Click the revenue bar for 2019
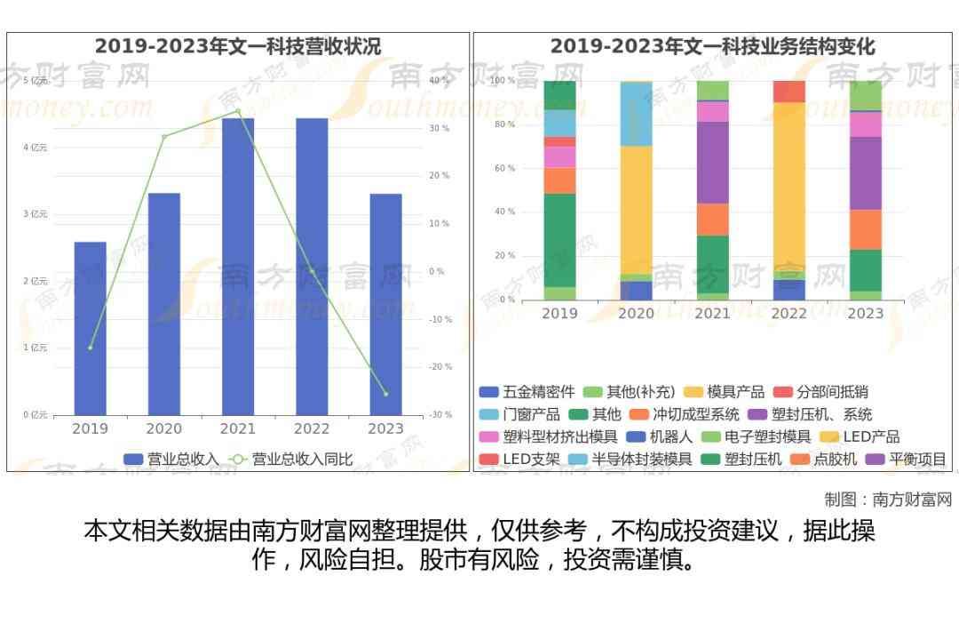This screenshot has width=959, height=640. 90,328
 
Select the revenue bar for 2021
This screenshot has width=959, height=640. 238,266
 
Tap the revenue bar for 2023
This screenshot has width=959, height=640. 385,304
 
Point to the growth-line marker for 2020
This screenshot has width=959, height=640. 164,136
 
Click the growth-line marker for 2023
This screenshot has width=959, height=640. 385,394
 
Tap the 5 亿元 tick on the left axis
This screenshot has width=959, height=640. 36,81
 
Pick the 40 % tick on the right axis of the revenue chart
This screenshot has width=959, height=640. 439,81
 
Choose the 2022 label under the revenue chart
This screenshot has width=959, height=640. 312,429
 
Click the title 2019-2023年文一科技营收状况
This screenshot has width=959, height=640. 238,46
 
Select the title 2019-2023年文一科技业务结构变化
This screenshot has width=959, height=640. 712,46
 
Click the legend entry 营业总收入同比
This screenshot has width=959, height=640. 292,460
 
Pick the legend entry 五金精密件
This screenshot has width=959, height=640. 527,392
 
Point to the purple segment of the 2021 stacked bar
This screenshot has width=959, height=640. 712,163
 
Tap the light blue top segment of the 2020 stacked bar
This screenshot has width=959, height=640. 636,114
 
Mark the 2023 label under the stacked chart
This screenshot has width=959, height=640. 865,314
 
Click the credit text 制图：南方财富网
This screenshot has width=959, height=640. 888,500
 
